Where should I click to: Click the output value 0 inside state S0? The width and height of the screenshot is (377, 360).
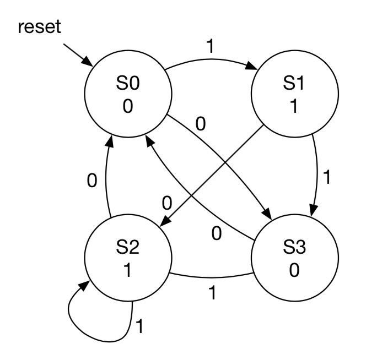point(128,107)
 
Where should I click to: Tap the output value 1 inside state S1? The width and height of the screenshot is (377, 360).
point(294,107)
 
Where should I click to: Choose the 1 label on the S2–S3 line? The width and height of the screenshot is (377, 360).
point(211,292)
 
